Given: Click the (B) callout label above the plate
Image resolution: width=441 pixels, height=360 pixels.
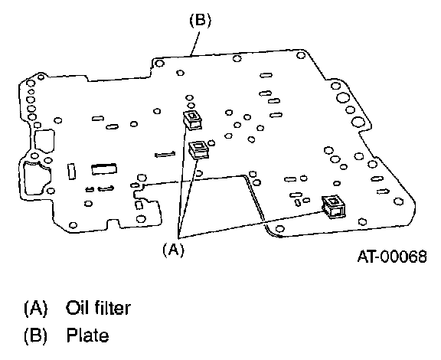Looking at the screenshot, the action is click(x=201, y=21).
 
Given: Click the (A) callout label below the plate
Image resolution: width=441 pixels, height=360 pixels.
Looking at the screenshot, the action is click(x=174, y=250).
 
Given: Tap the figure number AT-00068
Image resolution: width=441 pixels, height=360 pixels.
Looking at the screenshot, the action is click(x=392, y=257).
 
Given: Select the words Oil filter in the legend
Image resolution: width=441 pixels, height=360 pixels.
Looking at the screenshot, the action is click(x=98, y=308).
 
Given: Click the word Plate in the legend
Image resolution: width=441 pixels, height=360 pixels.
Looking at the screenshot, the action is click(x=87, y=335).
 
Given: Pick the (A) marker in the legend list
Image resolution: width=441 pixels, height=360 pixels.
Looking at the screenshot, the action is click(x=36, y=308).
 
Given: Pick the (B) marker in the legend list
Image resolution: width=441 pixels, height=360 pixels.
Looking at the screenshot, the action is click(x=36, y=335).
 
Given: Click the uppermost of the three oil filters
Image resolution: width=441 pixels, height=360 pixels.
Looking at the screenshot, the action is click(x=192, y=120).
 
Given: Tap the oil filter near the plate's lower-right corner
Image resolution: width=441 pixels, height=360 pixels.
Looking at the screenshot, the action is click(x=334, y=207).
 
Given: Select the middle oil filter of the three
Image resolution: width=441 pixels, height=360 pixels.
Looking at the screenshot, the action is click(x=198, y=149).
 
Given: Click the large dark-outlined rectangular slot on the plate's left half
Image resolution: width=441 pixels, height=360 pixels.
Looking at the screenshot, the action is click(x=104, y=169).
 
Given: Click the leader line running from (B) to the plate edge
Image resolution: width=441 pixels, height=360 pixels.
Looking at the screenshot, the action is click(x=195, y=44).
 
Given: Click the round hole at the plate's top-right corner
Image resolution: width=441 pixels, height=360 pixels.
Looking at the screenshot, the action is click(x=301, y=55).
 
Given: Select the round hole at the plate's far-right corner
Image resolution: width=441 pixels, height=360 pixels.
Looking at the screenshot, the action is click(x=399, y=201).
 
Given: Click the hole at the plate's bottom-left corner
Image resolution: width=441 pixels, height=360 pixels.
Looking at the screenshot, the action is click(x=73, y=225).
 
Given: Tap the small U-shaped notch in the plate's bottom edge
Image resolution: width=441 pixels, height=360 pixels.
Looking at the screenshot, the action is click(x=113, y=223).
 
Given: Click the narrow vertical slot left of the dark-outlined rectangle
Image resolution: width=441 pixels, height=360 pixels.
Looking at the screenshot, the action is click(x=72, y=171).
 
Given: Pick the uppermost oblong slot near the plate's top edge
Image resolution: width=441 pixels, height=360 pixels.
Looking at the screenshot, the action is click(x=266, y=75).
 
